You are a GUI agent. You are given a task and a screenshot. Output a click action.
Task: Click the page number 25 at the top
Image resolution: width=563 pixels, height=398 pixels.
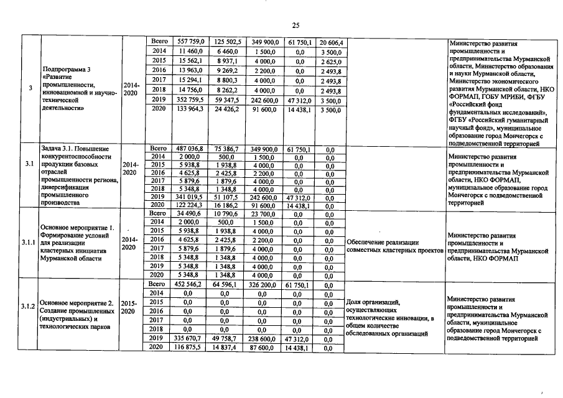[x=295, y=25]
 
